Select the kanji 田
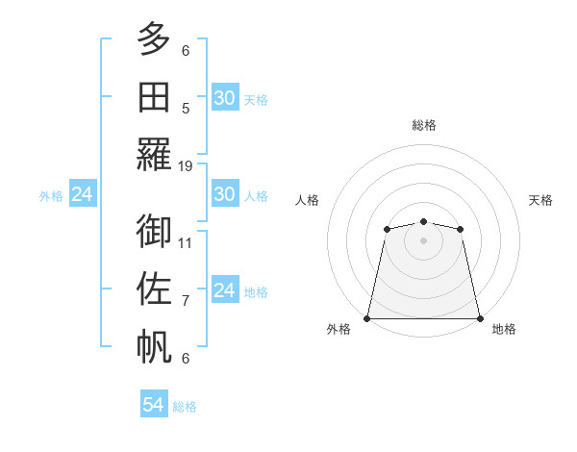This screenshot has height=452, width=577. (x=154, y=96)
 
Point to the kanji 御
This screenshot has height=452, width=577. (x=154, y=232)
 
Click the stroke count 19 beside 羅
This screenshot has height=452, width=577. (x=186, y=166)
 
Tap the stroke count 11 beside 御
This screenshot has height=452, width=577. (x=186, y=242)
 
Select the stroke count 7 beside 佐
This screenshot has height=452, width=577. (x=186, y=301)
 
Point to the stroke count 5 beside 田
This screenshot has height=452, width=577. (x=186, y=108)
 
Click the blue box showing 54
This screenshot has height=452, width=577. (x=153, y=405)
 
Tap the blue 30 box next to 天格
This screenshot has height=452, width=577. (x=224, y=98)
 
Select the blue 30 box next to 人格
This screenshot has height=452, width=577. (x=224, y=194)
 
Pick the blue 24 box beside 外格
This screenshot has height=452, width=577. (x=82, y=194)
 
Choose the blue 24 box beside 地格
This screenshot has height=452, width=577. (x=224, y=290)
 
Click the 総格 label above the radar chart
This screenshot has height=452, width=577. (x=423, y=125)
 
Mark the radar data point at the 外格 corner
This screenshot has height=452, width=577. (x=367, y=318)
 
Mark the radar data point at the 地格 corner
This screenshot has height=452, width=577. (x=479, y=318)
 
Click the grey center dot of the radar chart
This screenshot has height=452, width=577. (x=423, y=239)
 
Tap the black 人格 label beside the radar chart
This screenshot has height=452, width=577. (x=308, y=200)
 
